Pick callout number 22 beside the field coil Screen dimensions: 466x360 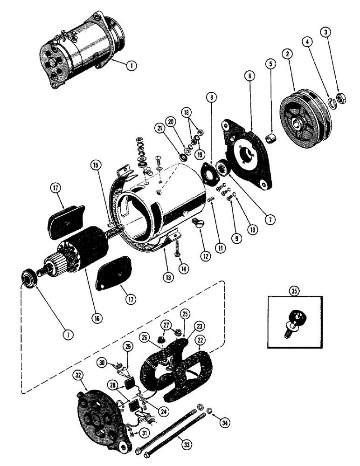tap(201, 343)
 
